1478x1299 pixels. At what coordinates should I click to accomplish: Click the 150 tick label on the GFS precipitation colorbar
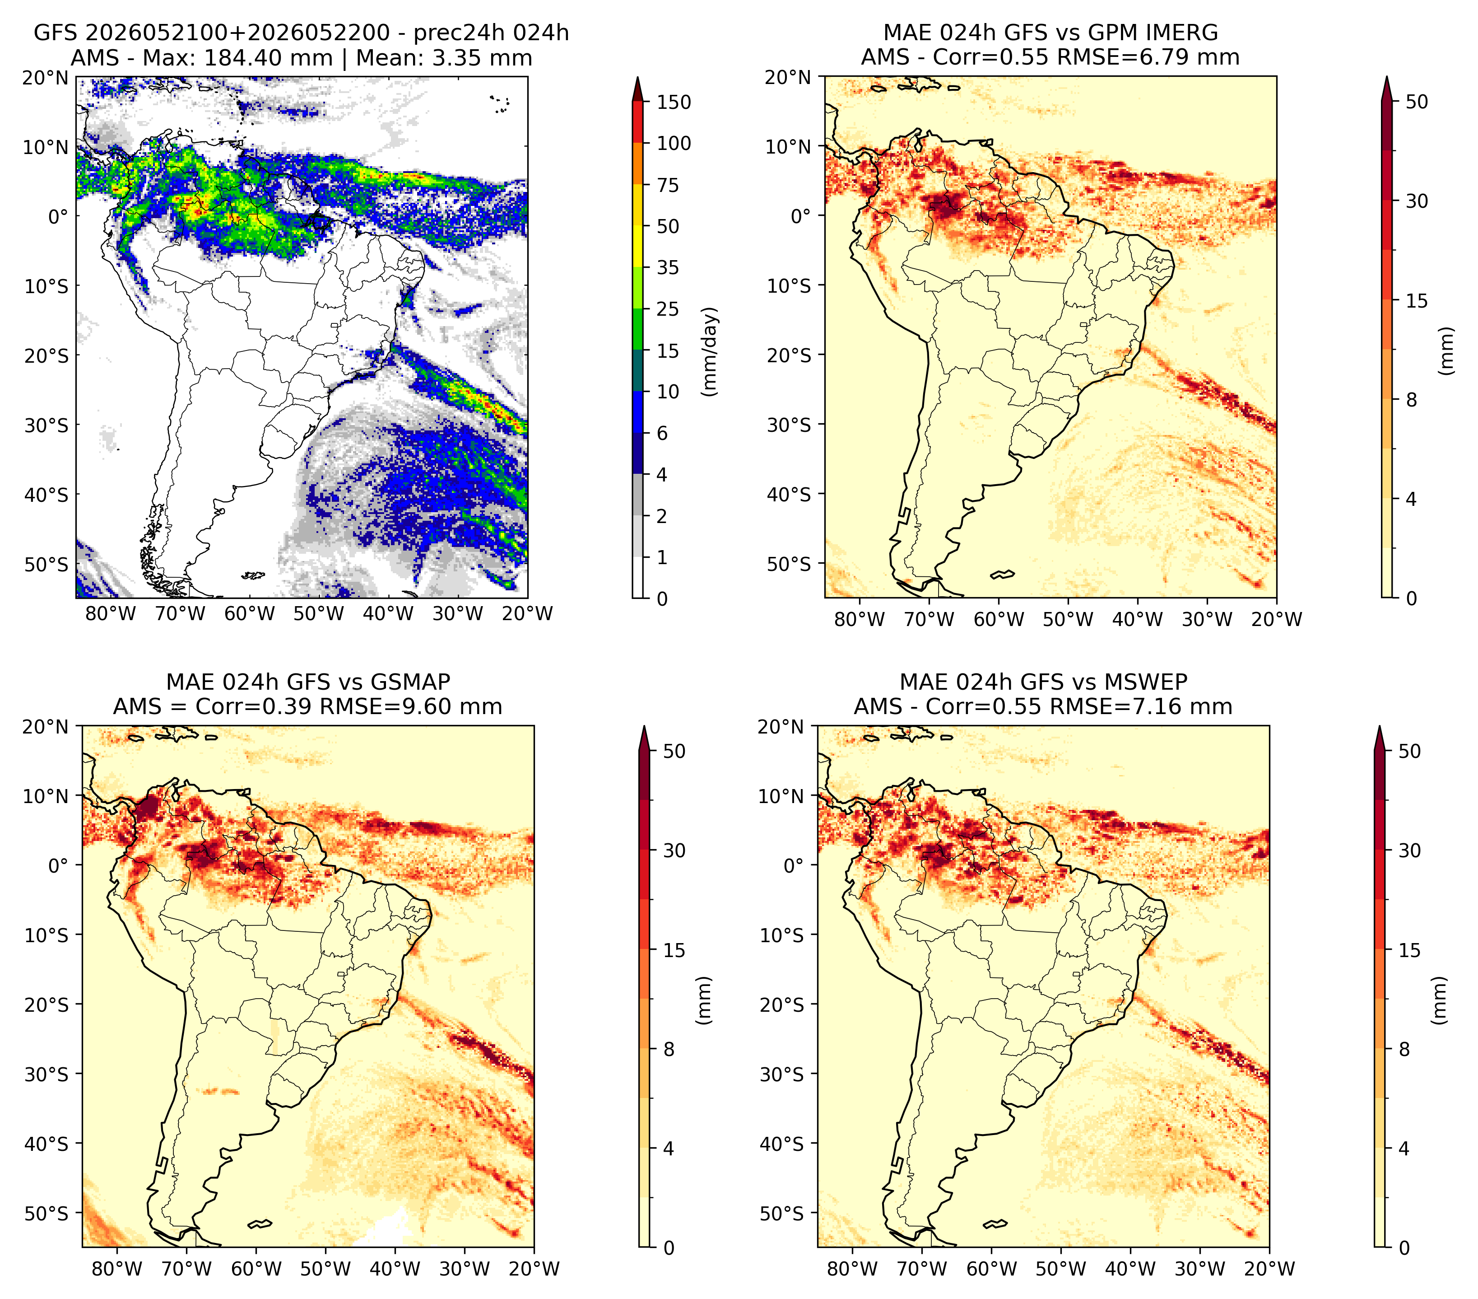[674, 102]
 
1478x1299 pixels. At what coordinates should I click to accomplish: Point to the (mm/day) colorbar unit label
[711, 351]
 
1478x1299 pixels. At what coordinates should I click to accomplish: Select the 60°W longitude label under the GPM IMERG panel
[999, 620]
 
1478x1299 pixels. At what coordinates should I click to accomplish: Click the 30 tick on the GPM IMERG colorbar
[1417, 201]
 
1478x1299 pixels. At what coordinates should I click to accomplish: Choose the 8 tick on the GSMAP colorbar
[669, 1050]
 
